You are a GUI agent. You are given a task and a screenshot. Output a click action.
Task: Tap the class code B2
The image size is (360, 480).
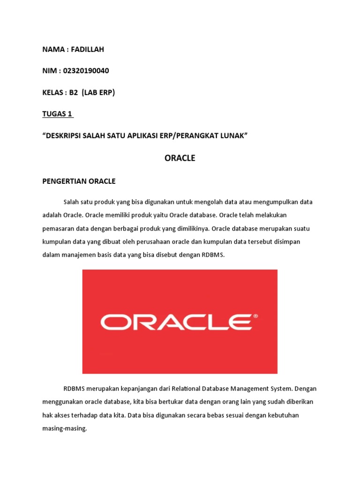pyautogui.click(x=74, y=92)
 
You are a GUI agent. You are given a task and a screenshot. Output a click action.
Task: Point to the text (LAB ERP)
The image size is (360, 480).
pyautogui.click(x=98, y=92)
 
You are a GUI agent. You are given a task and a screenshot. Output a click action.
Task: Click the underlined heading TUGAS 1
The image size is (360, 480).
pyautogui.click(x=58, y=114)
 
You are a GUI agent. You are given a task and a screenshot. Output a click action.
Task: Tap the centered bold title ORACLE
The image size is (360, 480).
pyautogui.click(x=180, y=158)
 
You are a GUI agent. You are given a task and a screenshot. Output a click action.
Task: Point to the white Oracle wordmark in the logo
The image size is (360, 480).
pyautogui.click(x=176, y=322)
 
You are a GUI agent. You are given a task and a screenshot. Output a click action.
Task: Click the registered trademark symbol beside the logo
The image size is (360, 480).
pyautogui.click(x=255, y=316)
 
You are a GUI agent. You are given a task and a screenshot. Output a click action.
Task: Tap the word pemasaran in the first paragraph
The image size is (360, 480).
pyautogui.click(x=58, y=229)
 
